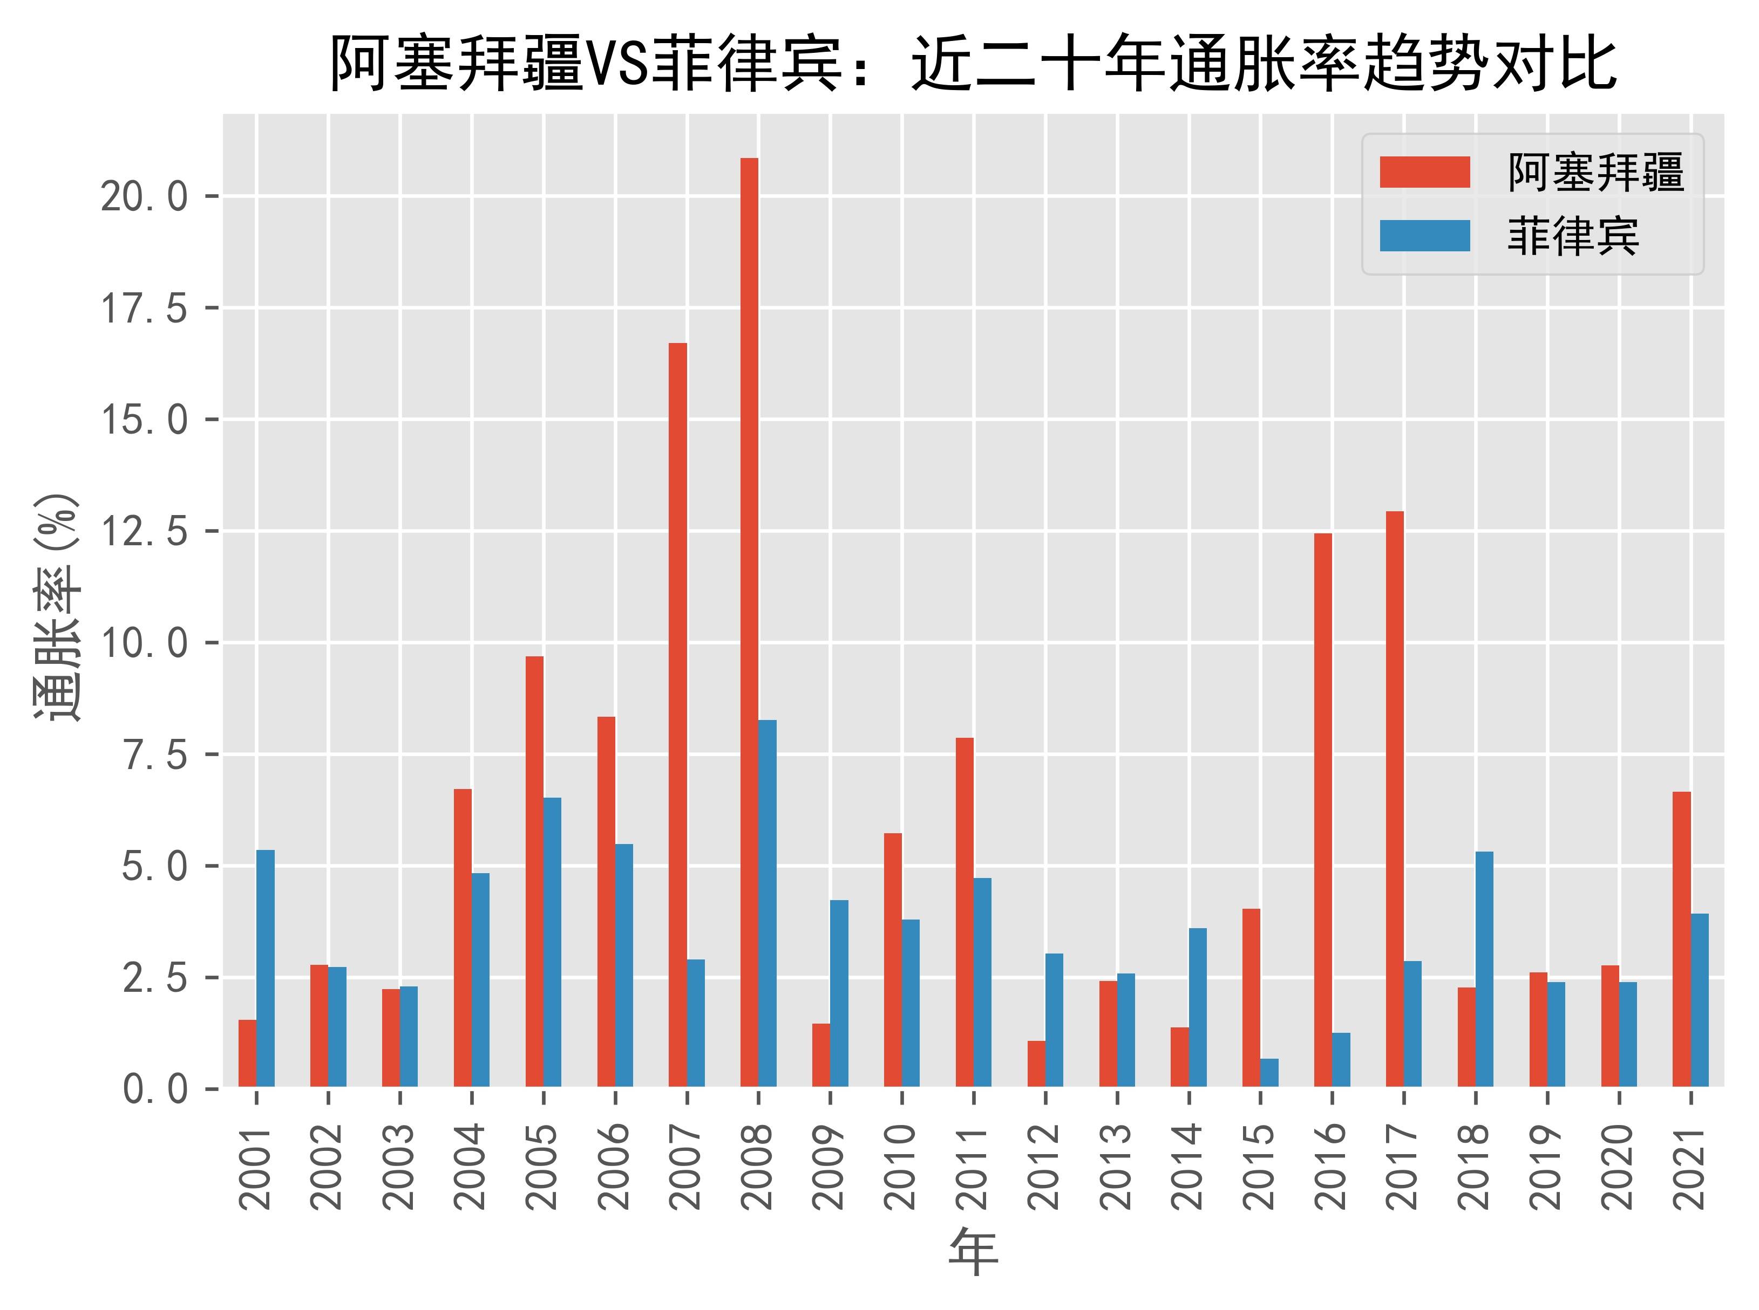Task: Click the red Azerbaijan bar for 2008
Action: (x=749, y=622)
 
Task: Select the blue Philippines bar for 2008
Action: (x=767, y=903)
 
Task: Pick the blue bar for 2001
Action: (x=265, y=968)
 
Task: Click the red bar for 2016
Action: (x=1322, y=810)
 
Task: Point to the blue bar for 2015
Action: (x=1269, y=1072)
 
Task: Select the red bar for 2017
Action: (x=1395, y=799)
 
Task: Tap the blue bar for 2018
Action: (x=1484, y=969)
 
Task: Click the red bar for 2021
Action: (x=1681, y=939)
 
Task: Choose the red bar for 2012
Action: (x=1036, y=1064)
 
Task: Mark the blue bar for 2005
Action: (x=552, y=942)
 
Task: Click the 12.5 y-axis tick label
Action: (x=143, y=531)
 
